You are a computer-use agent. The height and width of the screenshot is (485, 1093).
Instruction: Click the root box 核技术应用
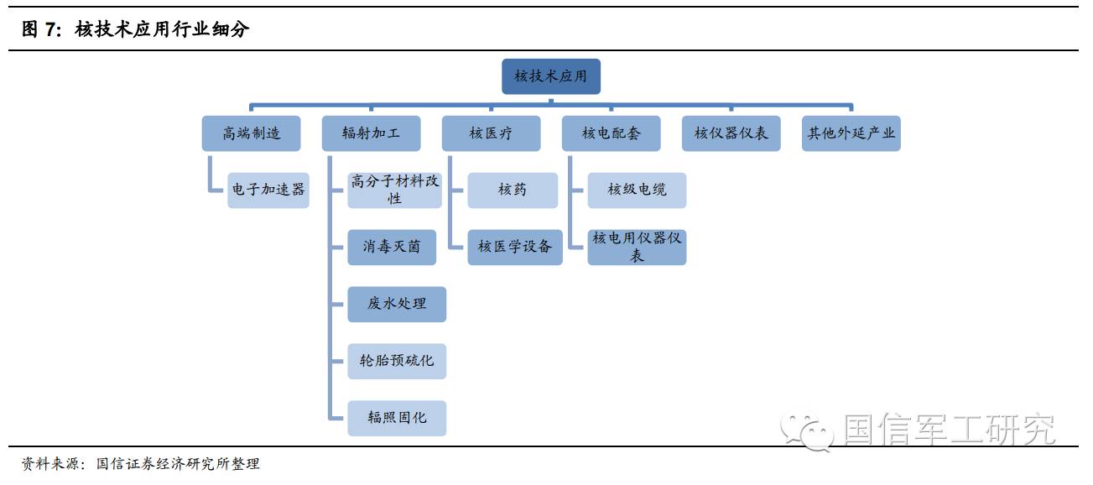point(550,76)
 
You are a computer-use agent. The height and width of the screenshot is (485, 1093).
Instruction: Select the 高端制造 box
point(251,133)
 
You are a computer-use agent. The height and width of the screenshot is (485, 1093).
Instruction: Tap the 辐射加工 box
point(371,133)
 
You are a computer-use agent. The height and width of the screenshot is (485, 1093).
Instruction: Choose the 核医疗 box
point(491,133)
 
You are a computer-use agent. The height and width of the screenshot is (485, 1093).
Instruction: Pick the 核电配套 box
point(611,133)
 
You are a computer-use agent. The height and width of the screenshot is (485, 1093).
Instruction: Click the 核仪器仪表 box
point(731,133)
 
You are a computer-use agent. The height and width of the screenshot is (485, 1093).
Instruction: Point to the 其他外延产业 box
point(851,133)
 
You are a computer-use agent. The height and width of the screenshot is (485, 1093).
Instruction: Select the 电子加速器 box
point(268,190)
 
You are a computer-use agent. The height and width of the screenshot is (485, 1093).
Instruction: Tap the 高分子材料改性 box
point(396,190)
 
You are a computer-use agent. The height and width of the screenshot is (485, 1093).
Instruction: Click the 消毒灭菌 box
point(392,248)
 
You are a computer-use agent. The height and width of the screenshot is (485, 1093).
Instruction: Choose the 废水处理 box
point(397,304)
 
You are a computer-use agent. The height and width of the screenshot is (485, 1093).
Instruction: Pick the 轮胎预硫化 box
point(397,361)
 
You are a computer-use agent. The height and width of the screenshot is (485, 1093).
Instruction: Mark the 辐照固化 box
point(397,418)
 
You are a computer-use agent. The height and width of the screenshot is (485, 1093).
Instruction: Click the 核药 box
point(512,190)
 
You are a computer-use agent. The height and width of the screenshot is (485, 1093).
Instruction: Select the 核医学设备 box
point(515,248)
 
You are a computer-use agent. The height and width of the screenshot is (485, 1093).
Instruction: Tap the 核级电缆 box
point(637,190)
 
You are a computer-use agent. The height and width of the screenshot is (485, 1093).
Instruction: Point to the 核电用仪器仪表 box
point(637,247)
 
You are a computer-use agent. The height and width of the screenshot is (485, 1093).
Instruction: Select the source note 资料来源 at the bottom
point(140,464)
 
